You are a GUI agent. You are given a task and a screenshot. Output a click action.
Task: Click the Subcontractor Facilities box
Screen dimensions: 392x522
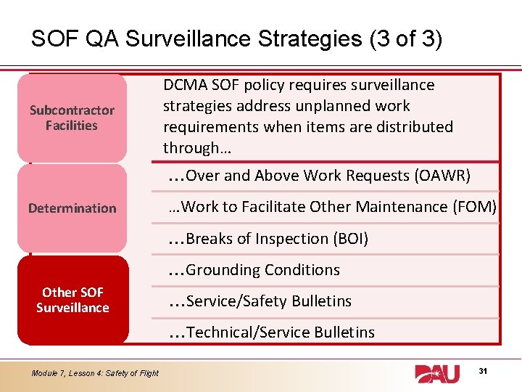click(72, 118)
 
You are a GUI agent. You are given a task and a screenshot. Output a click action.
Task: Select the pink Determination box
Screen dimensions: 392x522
click(72, 208)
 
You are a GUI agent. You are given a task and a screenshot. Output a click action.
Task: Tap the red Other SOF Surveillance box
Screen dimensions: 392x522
click(72, 300)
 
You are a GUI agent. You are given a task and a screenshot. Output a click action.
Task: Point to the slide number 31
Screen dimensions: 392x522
click(484, 372)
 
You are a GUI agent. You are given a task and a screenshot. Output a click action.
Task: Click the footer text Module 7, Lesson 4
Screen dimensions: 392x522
click(95, 373)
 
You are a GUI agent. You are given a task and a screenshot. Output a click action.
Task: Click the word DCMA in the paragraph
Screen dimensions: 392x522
click(184, 85)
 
